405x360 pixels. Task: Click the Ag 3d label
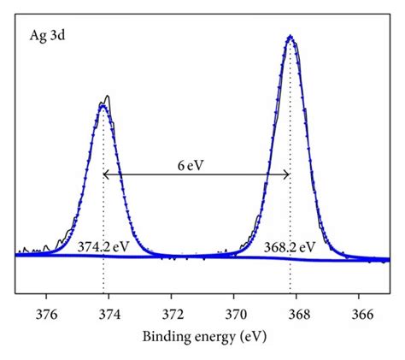pyautogui.click(x=42, y=38)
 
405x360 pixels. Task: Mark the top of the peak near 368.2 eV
pyautogui.click(x=291, y=37)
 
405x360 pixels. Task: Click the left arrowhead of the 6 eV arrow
pyautogui.click(x=106, y=174)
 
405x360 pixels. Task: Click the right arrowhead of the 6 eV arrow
pyautogui.click(x=288, y=174)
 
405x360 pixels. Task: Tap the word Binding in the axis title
pyautogui.click(x=166, y=334)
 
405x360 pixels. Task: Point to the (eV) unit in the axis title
pyautogui.click(x=251, y=334)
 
